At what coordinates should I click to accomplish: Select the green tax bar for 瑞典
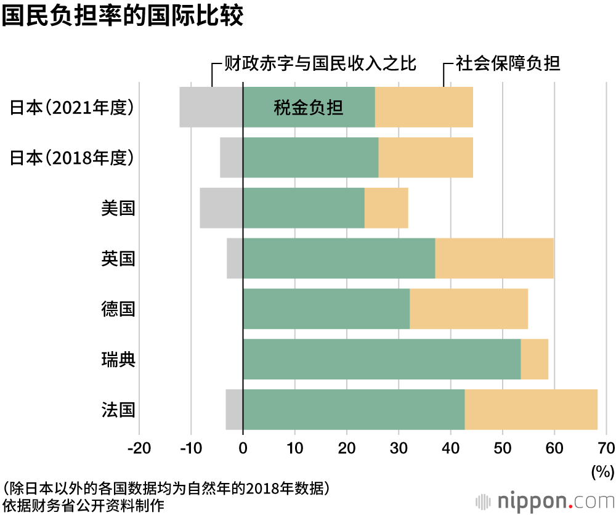[x=382, y=359]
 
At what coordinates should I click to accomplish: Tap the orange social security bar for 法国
[x=531, y=410]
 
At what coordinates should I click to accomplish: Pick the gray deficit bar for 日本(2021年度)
[x=211, y=107]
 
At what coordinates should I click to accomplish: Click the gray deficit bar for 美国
[x=221, y=208]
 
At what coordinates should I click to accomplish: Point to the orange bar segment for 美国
[x=386, y=208]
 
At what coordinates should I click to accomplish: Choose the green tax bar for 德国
[x=326, y=309]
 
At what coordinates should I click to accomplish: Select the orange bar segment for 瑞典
[x=535, y=359]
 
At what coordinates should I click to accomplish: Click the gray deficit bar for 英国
[x=235, y=258]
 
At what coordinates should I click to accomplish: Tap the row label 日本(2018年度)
[x=72, y=158]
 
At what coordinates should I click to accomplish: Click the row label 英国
[x=118, y=258]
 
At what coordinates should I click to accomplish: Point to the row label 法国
[x=118, y=410]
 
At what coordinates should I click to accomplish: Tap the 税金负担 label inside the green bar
[x=308, y=108]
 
